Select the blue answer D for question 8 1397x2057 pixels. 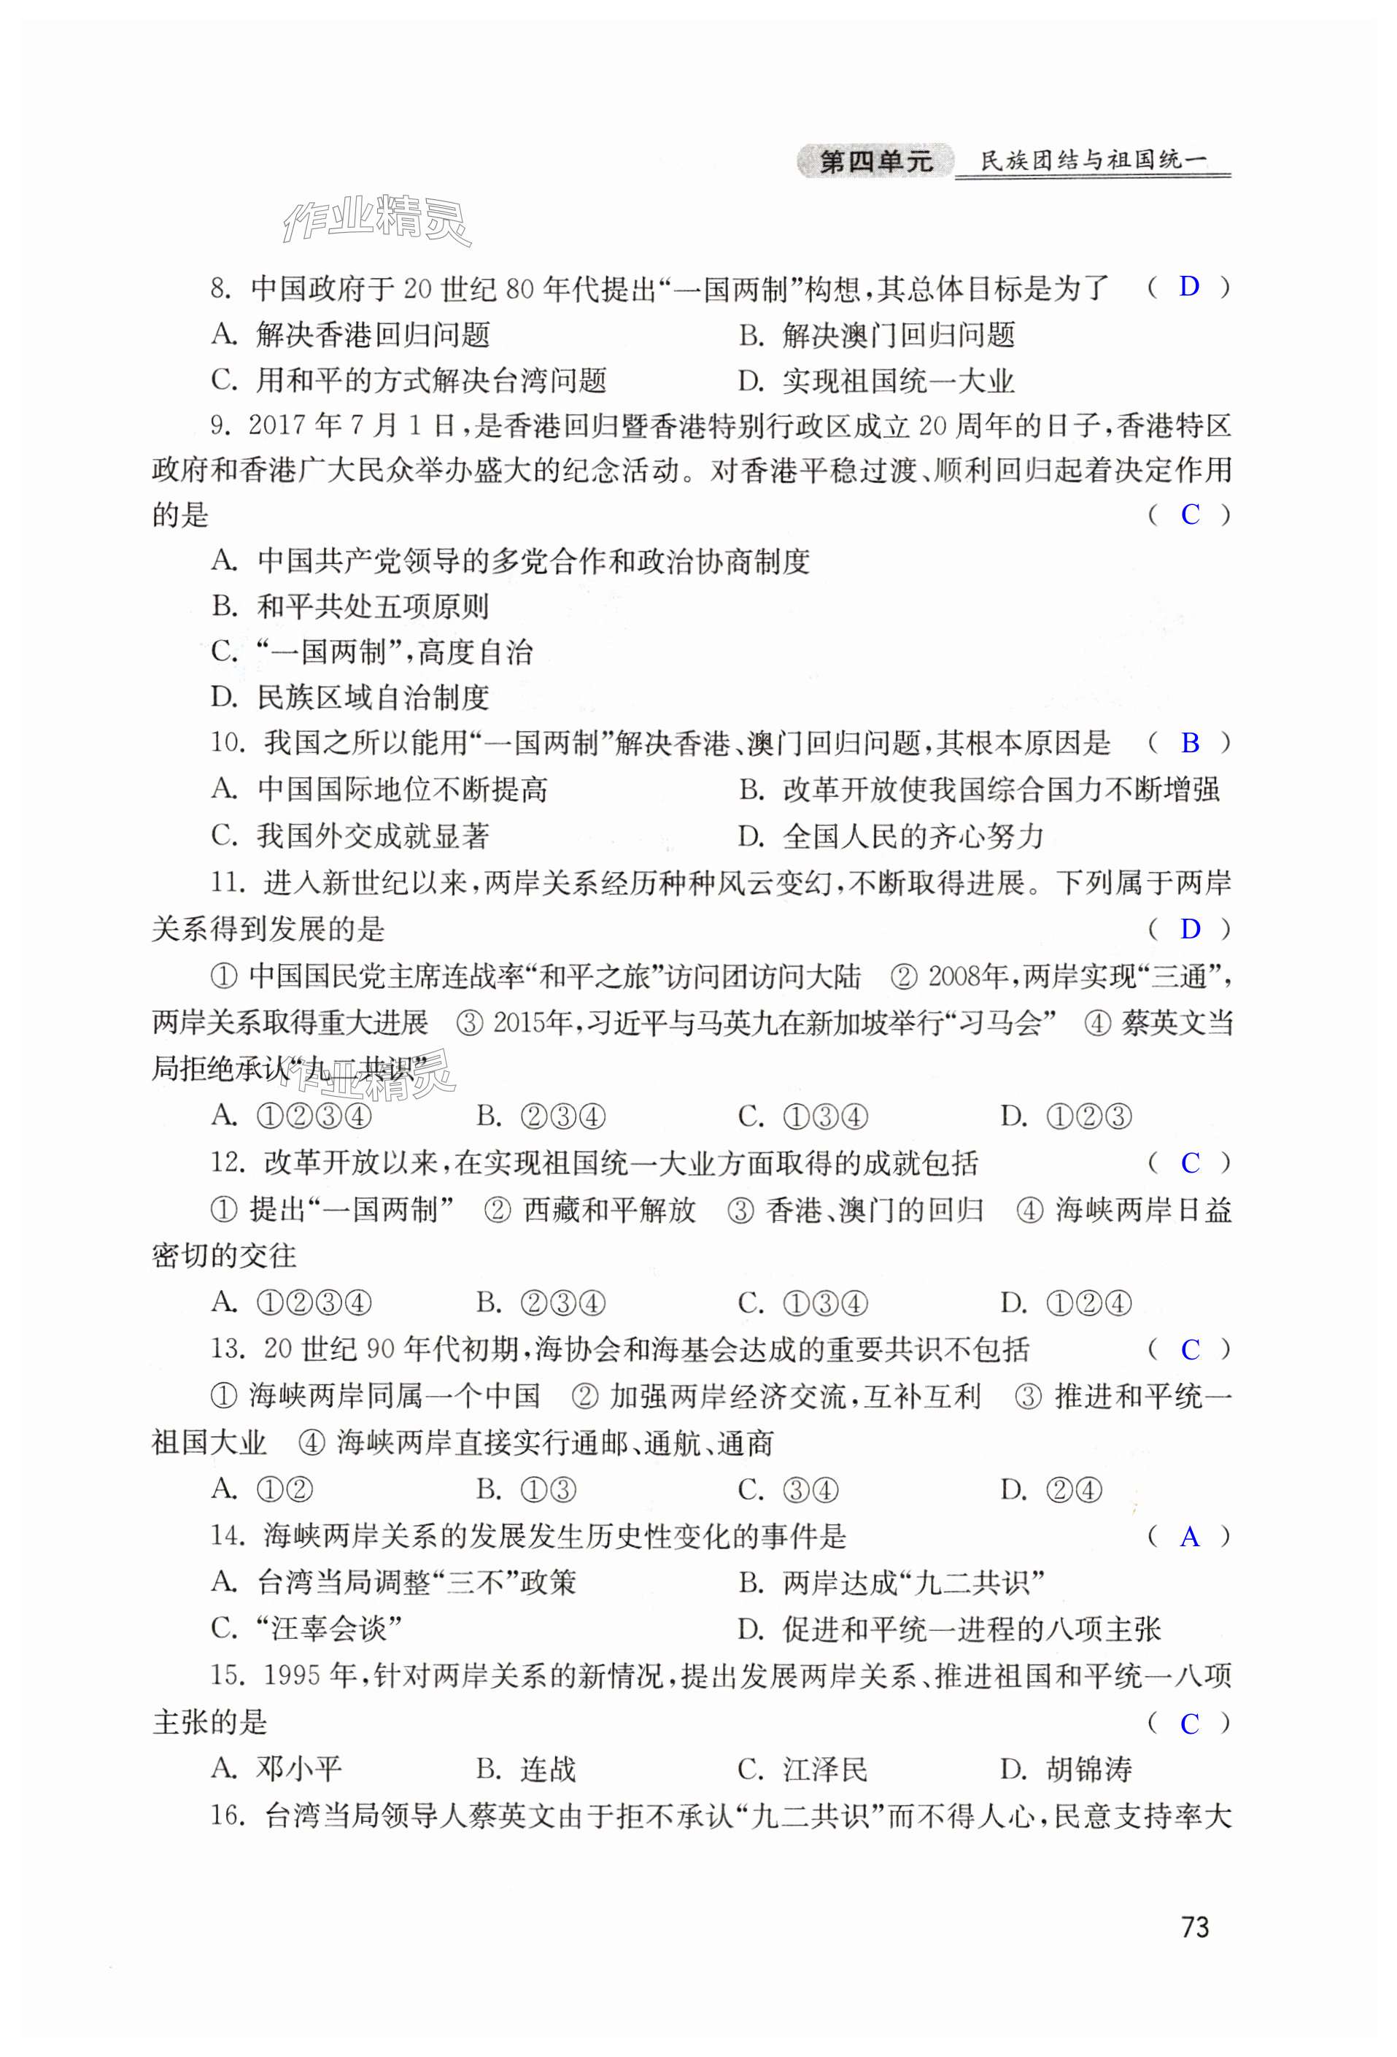(1188, 286)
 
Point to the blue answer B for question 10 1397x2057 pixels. (1189, 743)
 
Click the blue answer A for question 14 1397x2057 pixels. (1189, 1537)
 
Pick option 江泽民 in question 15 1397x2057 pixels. (824, 1770)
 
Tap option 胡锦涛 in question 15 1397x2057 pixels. (1088, 1770)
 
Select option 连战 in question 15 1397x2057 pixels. (547, 1770)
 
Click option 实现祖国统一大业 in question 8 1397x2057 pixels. (897, 382)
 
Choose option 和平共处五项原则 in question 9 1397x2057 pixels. (371, 606)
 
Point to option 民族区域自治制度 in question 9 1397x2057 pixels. (371, 698)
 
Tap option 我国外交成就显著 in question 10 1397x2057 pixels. (371, 835)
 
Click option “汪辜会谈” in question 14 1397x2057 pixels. (328, 1629)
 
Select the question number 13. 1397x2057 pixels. (228, 1349)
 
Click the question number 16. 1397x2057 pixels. (228, 1815)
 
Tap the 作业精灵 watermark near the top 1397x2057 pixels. (376, 219)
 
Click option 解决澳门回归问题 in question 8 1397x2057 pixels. (897, 336)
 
